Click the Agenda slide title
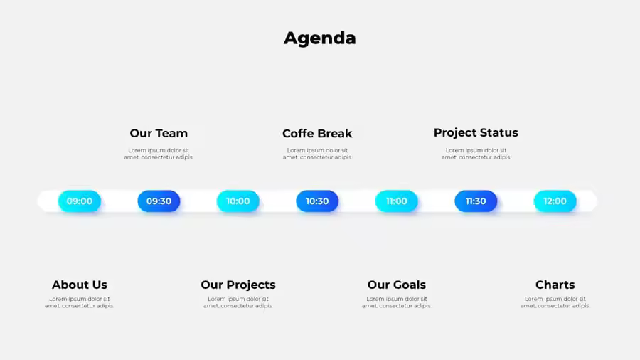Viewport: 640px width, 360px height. click(319, 38)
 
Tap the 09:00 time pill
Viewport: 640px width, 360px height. click(80, 201)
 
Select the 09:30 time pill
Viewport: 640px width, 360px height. click(159, 201)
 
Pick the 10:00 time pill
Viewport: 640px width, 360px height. click(238, 201)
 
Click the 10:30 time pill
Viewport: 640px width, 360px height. click(317, 201)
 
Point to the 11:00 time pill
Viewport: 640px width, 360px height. click(396, 201)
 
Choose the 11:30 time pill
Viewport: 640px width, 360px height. click(476, 201)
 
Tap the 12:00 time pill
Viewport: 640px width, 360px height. click(555, 201)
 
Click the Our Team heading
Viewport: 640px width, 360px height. click(159, 134)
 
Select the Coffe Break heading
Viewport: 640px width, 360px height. click(317, 134)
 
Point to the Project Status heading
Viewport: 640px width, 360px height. click(476, 133)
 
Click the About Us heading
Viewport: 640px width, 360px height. click(80, 285)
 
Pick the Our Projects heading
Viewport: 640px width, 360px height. click(238, 285)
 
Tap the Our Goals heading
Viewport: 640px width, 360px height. click(396, 285)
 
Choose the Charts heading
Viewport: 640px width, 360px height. click(555, 285)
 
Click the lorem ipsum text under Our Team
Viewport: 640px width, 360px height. click(159, 154)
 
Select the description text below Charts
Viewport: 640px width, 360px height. click(555, 302)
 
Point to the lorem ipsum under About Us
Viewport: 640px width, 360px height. click(80, 302)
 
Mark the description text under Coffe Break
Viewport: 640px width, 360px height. click(317, 154)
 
